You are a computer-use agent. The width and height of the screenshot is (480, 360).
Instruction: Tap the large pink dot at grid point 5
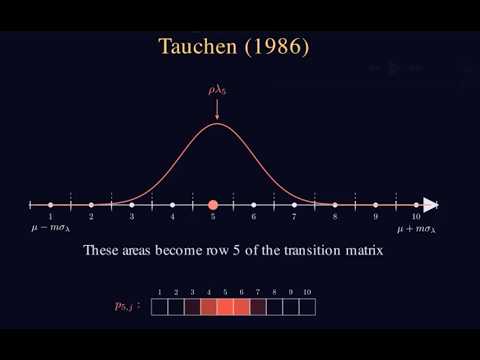click(x=213, y=204)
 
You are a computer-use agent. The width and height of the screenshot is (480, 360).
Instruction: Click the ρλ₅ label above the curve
click(x=217, y=90)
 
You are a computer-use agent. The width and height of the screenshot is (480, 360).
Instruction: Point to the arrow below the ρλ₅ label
click(x=217, y=112)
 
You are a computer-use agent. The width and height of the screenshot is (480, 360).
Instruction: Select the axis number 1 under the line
click(x=50, y=216)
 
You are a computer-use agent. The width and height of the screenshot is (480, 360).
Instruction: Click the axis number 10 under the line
click(x=415, y=216)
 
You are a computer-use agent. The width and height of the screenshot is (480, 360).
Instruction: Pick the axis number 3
click(x=132, y=216)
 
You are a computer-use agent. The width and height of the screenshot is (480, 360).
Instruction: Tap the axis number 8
click(x=335, y=216)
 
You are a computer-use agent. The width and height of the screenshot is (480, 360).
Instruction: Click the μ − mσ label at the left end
click(x=51, y=229)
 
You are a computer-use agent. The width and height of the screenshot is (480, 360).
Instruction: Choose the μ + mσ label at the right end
click(x=416, y=229)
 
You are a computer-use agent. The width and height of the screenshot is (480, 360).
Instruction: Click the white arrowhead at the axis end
click(x=430, y=204)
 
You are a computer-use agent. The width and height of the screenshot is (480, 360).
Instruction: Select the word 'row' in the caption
click(x=229, y=252)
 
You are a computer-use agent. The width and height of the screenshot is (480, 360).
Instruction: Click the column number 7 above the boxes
click(x=258, y=291)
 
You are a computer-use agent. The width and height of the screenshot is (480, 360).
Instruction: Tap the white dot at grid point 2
click(x=91, y=204)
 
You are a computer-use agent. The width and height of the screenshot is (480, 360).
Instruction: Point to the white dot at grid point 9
click(x=375, y=204)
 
